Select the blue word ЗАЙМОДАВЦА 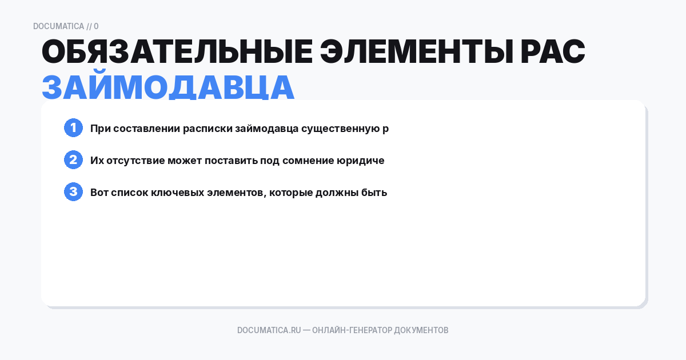pyautogui.click(x=168, y=87)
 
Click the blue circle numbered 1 pyautogui.click(x=73, y=128)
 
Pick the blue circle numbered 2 pyautogui.click(x=73, y=160)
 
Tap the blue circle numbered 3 pyautogui.click(x=73, y=192)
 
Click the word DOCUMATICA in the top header pyautogui.click(x=58, y=26)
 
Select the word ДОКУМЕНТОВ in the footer pyautogui.click(x=421, y=330)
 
